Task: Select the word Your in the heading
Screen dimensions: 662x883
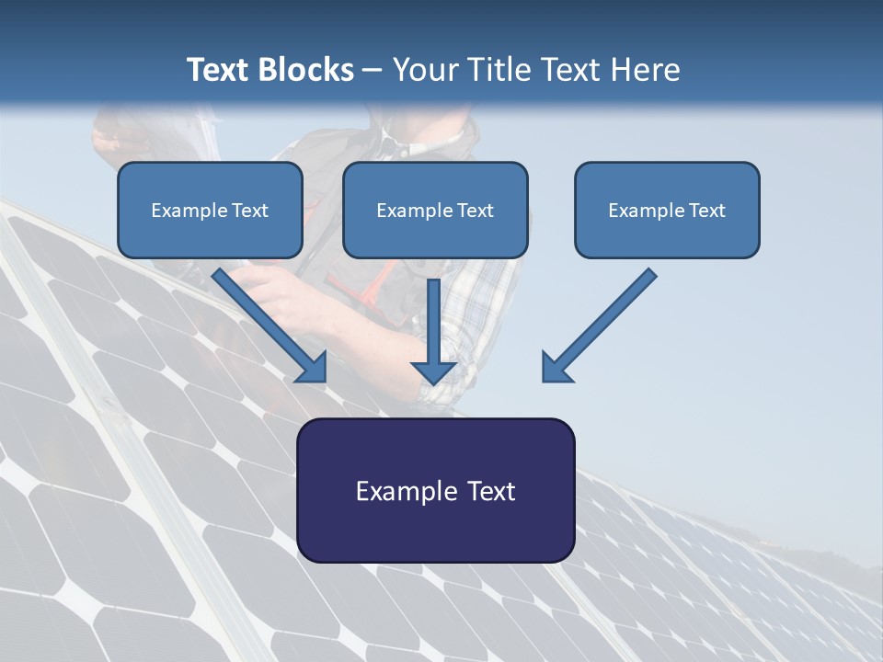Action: coord(424,70)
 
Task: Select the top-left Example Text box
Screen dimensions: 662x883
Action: coord(210,210)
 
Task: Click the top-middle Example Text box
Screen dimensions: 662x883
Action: coord(435,210)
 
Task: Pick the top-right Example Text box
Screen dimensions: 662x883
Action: coord(667,210)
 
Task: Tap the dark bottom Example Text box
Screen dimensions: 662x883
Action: coord(435,490)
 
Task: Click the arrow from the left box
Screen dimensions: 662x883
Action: coord(267,322)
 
